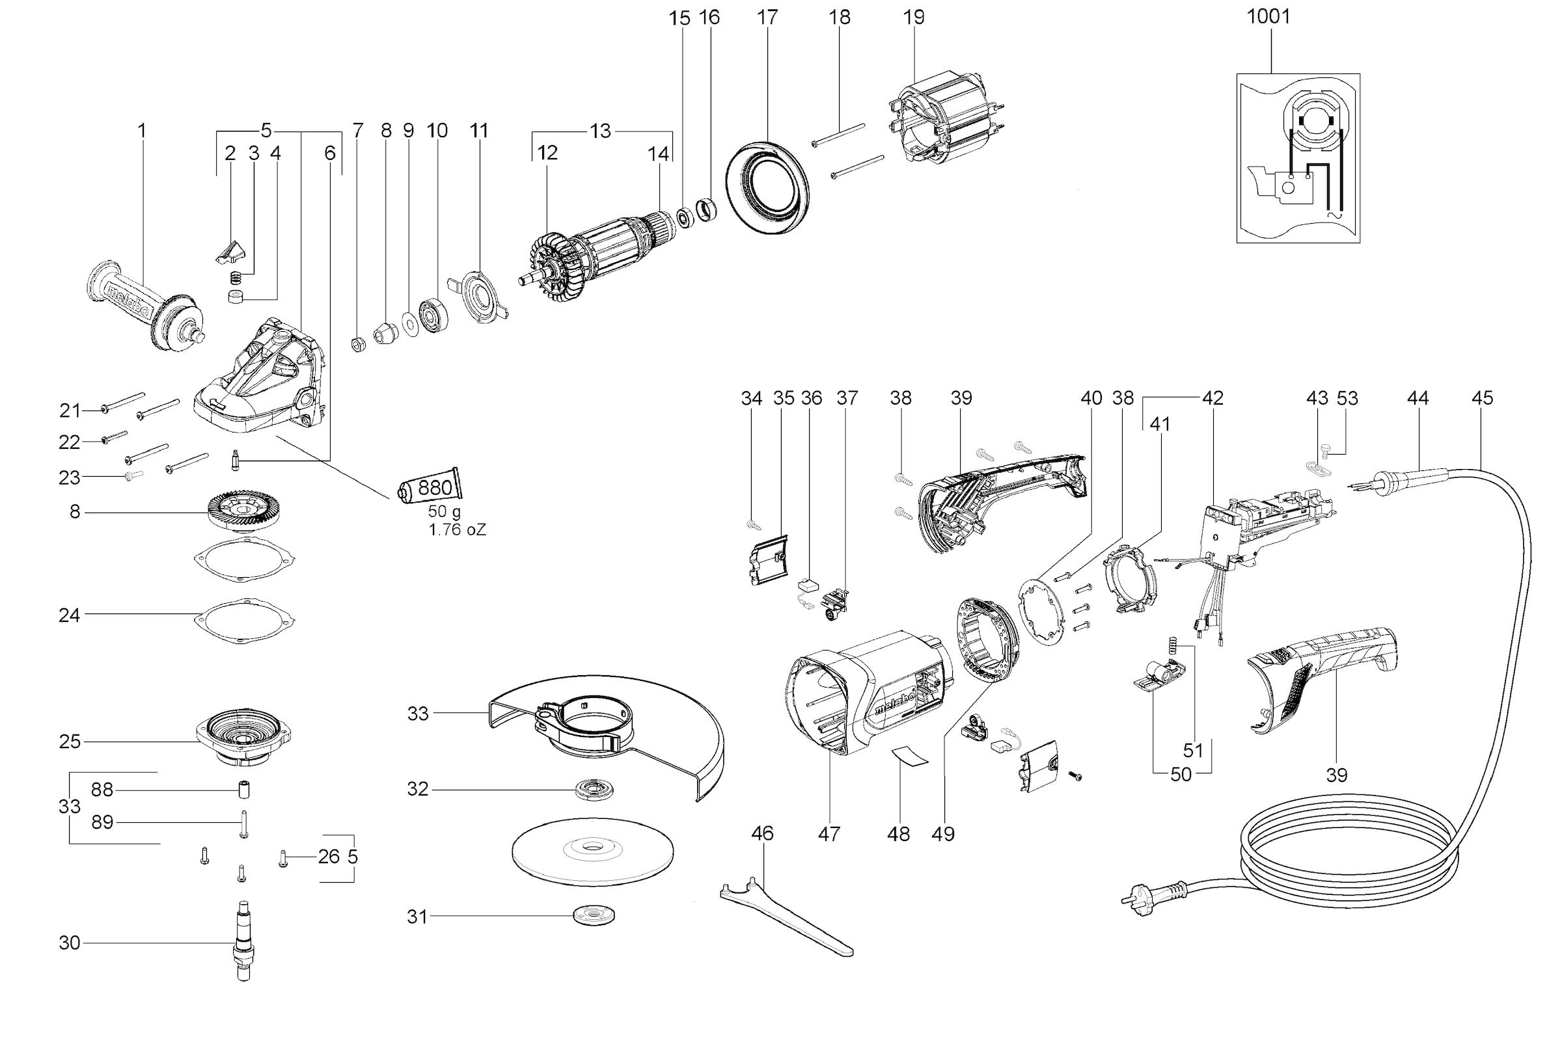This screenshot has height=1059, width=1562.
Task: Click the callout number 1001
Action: click(1268, 17)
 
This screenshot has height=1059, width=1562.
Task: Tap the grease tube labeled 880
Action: click(430, 486)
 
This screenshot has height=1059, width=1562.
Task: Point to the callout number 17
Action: click(767, 18)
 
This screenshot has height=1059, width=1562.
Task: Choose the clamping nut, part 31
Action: click(594, 915)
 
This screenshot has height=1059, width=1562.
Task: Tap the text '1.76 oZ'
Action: click(457, 529)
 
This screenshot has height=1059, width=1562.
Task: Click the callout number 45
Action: click(1482, 398)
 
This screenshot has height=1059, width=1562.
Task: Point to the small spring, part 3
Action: click(235, 276)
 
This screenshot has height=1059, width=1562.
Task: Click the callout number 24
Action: click(69, 614)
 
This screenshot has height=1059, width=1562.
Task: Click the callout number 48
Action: click(898, 834)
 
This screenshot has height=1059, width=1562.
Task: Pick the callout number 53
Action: click(1347, 398)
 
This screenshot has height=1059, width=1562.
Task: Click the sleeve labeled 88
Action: click(244, 789)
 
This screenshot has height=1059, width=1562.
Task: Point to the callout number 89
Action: click(102, 822)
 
